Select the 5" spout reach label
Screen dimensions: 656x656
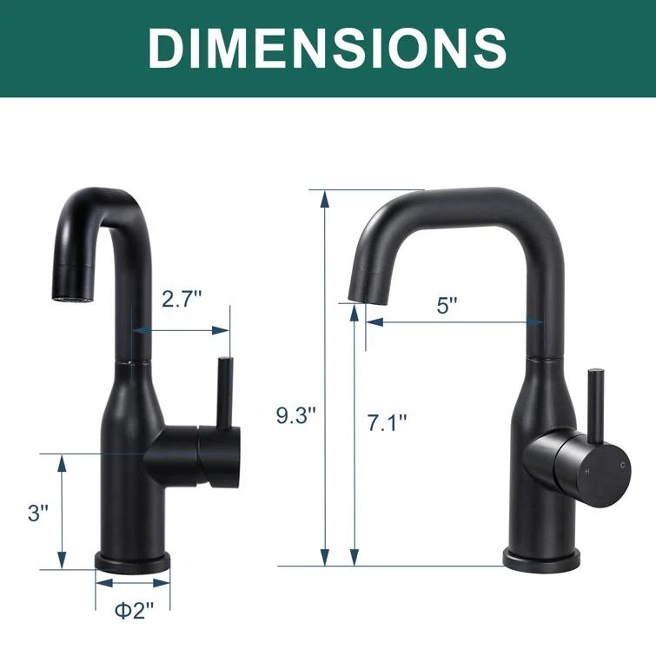[447, 306]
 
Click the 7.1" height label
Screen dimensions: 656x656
[386, 423]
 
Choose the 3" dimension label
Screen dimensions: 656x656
[37, 513]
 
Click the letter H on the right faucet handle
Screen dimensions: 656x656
[587, 470]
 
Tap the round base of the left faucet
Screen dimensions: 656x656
[132, 562]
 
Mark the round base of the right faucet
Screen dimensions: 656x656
[540, 559]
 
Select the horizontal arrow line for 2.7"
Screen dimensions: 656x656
[181, 330]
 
